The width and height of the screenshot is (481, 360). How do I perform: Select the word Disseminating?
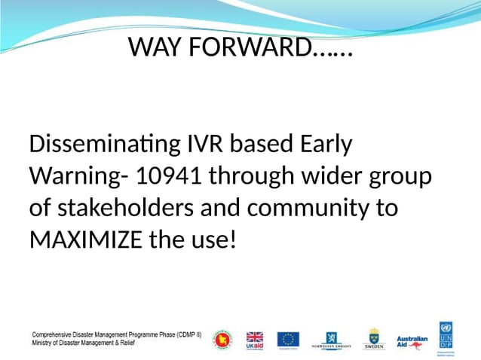pos(100,144)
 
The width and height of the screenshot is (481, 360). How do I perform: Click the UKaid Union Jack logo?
pos(255,340)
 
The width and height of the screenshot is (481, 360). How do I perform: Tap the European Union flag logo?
pos(287,340)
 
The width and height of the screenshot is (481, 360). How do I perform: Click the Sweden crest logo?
pos(374,339)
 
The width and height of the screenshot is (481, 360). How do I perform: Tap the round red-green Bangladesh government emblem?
pos(223,340)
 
